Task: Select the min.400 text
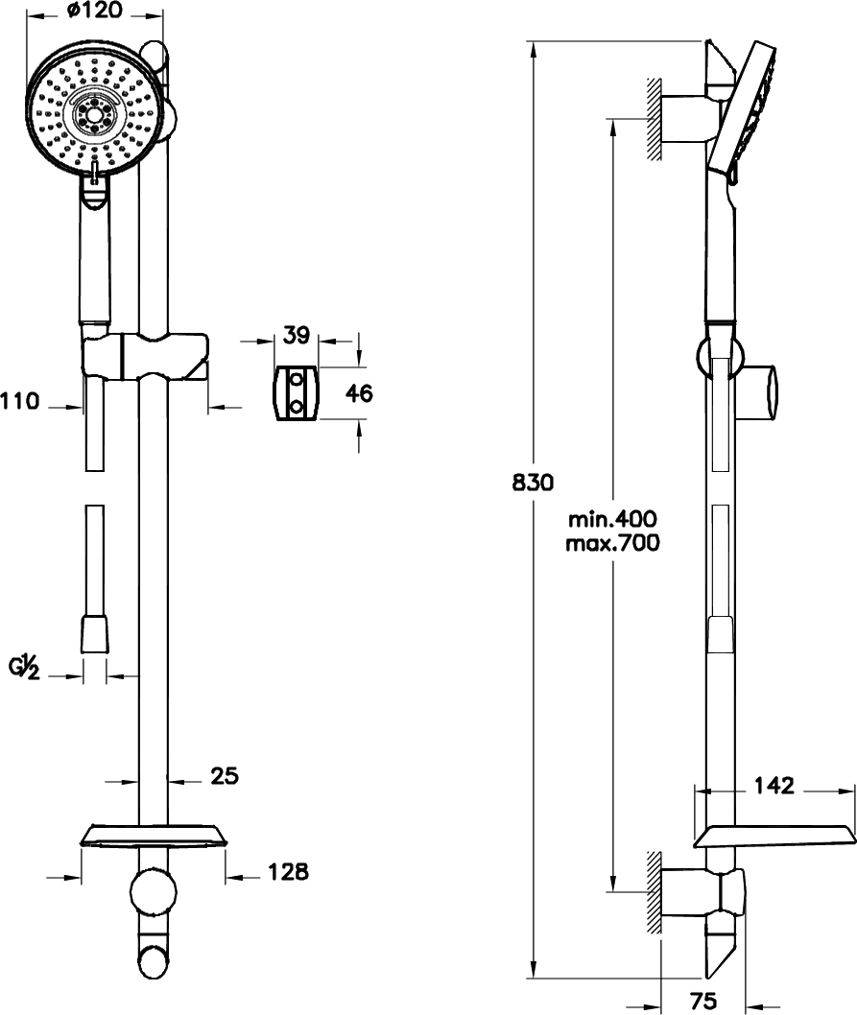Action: (612, 520)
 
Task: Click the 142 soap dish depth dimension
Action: (774, 786)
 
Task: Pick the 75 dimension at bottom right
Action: (703, 1001)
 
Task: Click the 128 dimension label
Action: (288, 871)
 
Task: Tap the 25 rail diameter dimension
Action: (225, 775)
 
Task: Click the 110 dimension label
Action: (20, 401)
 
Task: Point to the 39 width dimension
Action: (297, 335)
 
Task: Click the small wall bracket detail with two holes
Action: (297, 392)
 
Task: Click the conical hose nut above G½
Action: (95, 635)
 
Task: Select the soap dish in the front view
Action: (155, 836)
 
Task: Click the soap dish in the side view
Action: (774, 838)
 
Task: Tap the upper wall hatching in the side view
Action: (654, 118)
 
